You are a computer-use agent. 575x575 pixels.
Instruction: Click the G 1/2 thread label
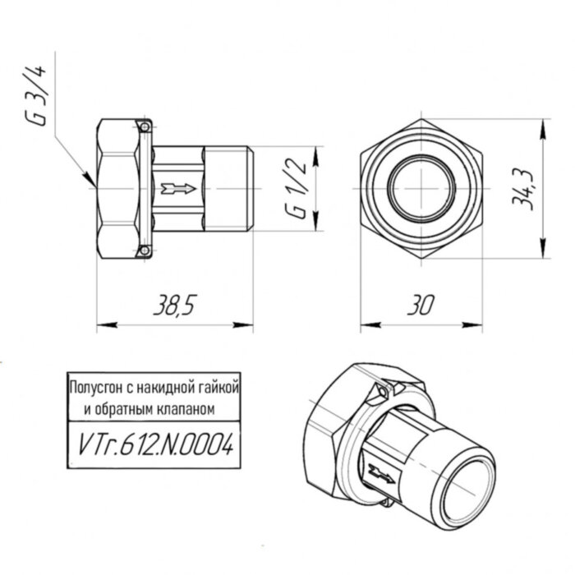297,189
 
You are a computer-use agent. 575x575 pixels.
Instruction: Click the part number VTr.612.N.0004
154,446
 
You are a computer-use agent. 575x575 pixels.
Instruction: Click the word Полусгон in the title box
94,384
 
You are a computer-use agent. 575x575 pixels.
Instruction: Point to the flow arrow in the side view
177,189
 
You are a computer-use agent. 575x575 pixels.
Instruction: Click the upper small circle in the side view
145,127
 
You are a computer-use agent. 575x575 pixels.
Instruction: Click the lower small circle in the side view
145,251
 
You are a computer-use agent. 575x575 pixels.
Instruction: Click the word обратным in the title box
128,408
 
